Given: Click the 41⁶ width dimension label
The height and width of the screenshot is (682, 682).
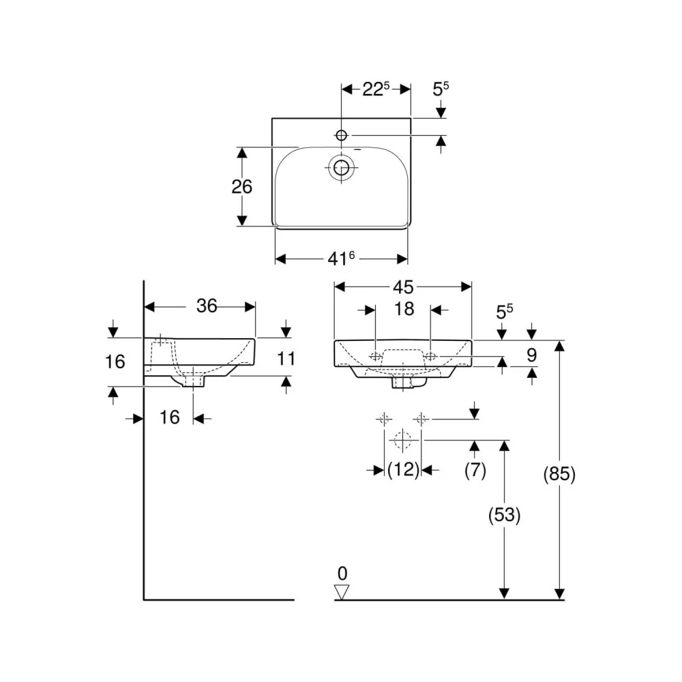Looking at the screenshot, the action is point(341,258).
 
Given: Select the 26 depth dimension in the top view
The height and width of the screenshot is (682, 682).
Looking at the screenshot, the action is point(241,187).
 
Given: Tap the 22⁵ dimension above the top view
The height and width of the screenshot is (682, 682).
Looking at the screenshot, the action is point(376,89).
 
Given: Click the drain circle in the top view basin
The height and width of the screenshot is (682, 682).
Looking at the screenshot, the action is point(342,168).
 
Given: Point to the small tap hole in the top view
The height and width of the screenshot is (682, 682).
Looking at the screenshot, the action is point(342,135).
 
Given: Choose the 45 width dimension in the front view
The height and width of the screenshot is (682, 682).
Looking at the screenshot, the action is point(403,287).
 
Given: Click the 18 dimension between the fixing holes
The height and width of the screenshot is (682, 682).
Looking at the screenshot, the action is point(404,309).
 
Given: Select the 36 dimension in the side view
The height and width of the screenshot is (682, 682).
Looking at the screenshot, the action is point(207,306).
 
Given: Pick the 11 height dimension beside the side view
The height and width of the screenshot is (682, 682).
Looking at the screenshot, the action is point(286,359).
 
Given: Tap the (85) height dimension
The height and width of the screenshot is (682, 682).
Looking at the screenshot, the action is point(559,474).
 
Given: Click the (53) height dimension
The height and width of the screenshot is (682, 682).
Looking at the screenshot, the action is point(504,515).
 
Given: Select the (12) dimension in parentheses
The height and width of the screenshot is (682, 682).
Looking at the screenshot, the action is point(403,470).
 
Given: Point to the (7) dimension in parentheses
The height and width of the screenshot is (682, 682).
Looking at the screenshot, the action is point(475,470).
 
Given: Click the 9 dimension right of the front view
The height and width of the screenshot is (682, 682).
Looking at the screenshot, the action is point(531,355).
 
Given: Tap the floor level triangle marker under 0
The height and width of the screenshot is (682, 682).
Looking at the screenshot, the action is point(342,592).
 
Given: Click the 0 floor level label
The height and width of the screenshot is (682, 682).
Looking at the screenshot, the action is point(342,574).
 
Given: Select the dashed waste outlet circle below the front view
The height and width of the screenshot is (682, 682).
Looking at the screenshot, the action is point(403,440).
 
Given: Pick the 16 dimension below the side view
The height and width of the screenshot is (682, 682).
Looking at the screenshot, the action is point(169,417).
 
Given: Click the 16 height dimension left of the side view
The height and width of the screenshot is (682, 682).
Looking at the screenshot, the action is point(115,361).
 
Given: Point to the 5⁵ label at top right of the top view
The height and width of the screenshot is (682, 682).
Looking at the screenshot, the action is point(440,89).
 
